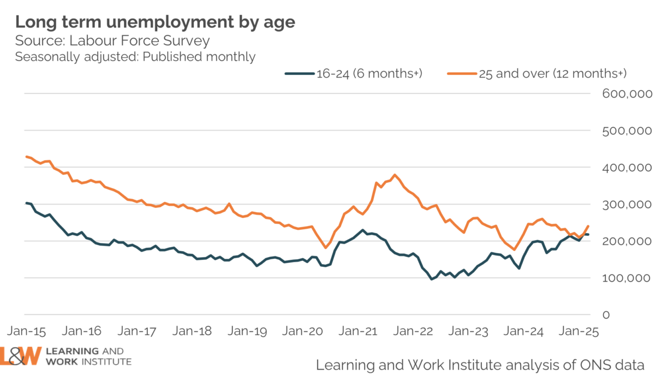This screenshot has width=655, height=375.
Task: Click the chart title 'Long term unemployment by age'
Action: coord(155,22)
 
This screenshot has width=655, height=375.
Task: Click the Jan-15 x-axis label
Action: coord(25,331)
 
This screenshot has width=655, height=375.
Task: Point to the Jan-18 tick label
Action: coord(193,331)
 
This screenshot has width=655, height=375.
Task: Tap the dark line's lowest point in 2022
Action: coord(432,279)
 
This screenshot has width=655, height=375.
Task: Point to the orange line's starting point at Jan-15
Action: coord(26,157)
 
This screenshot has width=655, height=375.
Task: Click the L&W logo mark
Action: coord(21,356)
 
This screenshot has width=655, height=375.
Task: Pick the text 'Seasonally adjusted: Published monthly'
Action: coord(135,57)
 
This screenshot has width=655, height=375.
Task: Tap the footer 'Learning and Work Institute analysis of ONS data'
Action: coord(480,364)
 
